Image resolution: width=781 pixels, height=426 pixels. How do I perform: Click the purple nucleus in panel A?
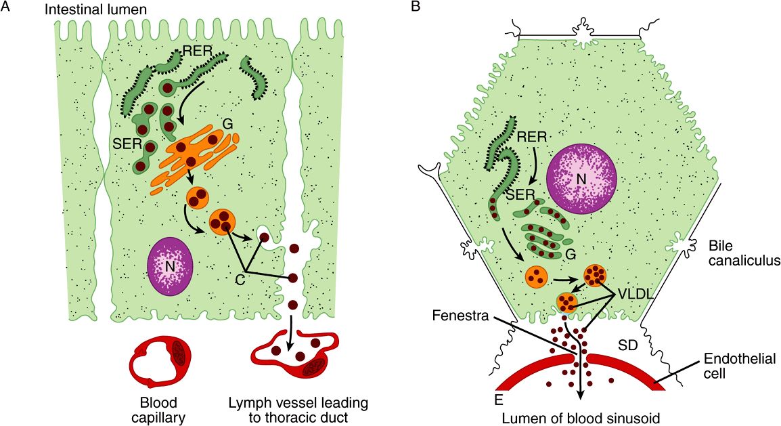coord(170,265)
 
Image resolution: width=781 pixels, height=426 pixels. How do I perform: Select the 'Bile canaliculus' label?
coord(741,251)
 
